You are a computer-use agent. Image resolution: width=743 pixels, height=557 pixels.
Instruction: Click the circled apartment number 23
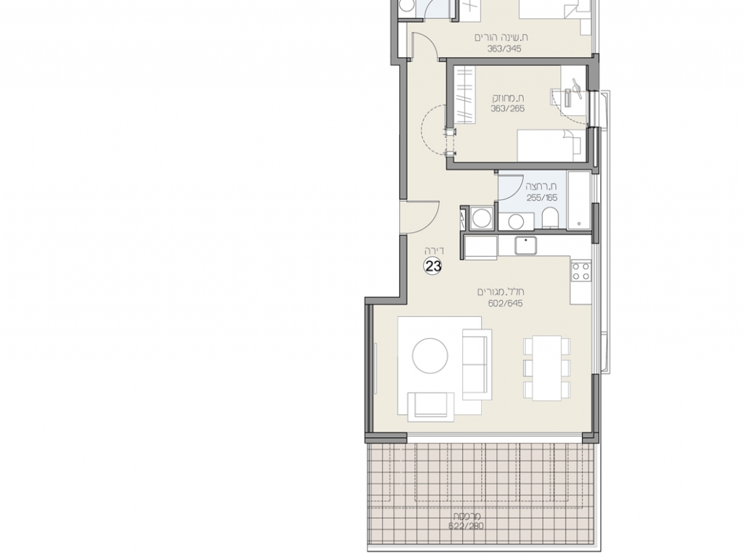(x=432, y=266)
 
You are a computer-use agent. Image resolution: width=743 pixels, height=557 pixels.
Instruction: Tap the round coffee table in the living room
(x=430, y=355)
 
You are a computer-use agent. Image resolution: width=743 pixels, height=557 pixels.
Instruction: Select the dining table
(x=547, y=368)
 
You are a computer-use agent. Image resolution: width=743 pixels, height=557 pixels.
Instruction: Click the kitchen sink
(x=525, y=245)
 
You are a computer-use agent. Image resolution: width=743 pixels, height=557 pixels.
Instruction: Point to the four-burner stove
(x=581, y=271)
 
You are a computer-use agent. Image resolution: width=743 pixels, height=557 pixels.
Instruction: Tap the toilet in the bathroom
(x=550, y=219)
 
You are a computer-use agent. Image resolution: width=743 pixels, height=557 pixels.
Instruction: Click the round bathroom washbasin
(x=515, y=221)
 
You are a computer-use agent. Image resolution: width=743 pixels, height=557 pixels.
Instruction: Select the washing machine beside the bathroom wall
(x=483, y=219)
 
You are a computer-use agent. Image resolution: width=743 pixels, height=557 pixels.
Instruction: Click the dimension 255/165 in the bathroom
(x=542, y=198)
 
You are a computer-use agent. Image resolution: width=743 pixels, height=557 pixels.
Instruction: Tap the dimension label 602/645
(x=506, y=304)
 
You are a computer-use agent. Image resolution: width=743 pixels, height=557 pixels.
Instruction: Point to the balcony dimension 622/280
(x=467, y=526)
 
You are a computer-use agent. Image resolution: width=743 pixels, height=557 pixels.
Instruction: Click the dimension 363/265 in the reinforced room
(x=507, y=109)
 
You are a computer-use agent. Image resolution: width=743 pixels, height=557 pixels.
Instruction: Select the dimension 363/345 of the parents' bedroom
(x=504, y=49)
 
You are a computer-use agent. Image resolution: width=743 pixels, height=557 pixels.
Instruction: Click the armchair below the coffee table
(x=431, y=407)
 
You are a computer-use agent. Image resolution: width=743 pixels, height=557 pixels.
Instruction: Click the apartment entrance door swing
(x=420, y=218)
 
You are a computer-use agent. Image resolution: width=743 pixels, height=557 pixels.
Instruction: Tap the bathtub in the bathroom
(x=579, y=200)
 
